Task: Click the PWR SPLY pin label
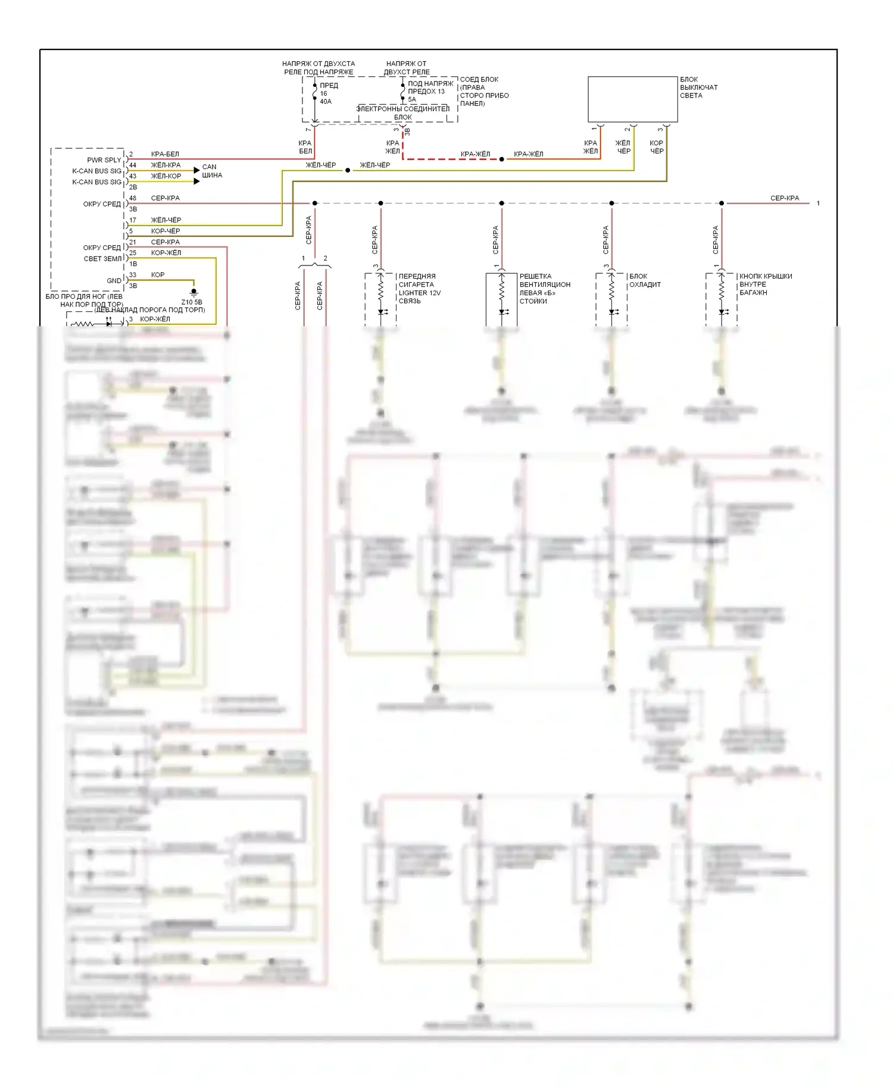coord(104,160)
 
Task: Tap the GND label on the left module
coord(114,280)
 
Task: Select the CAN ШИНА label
coord(212,171)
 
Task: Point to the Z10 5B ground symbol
coord(193,292)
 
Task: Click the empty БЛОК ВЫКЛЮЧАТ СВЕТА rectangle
coord(632,99)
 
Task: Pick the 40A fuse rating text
coord(326,102)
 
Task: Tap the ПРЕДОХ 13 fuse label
coord(426,92)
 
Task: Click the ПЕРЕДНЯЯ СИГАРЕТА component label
coord(417,280)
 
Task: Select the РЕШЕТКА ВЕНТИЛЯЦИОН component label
coord(544,280)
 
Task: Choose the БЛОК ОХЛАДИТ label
coord(645,280)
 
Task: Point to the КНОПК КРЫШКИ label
coord(765,276)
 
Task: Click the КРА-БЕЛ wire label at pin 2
coord(165,154)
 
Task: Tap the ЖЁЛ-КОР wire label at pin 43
coord(166,176)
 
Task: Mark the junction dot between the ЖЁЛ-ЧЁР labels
coord(348,170)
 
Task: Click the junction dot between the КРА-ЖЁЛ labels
coord(501,159)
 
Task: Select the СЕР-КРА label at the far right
coord(784,198)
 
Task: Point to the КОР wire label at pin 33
coord(158,275)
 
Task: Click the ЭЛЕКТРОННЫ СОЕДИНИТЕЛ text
coord(403,109)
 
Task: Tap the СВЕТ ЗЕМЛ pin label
coord(102,259)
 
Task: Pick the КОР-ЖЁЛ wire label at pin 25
coord(166,253)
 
